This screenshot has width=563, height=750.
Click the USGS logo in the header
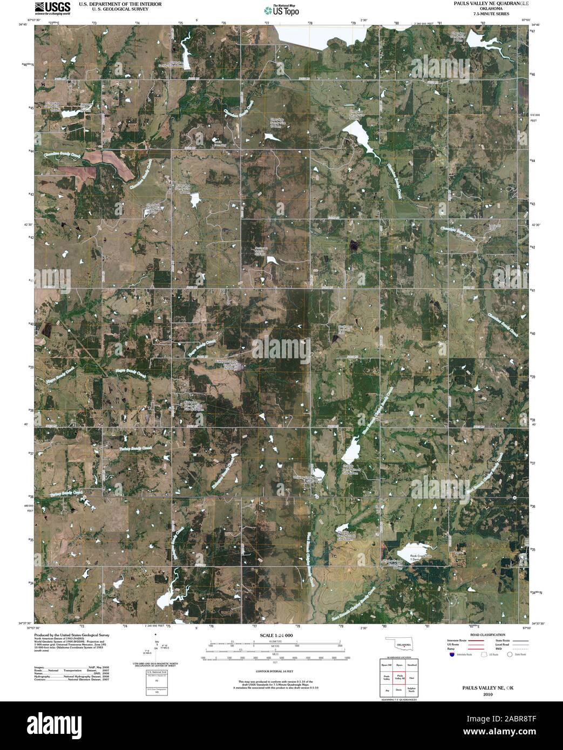(x=52, y=8)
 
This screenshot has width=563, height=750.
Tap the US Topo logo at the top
(x=281, y=10)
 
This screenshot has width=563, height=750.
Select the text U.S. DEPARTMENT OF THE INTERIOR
(x=120, y=3)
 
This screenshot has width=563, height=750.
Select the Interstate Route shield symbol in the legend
(x=451, y=654)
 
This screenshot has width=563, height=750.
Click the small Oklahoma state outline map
(x=399, y=645)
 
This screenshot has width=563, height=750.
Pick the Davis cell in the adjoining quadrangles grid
(x=399, y=690)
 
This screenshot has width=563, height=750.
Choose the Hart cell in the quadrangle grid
(x=412, y=678)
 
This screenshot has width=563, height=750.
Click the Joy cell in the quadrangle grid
(x=386, y=690)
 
